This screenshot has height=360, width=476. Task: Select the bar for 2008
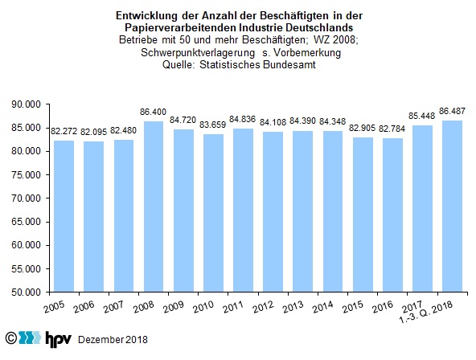[x=154, y=207]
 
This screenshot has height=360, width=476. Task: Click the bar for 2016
[x=392, y=215]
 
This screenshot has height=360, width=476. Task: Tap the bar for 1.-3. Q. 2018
[x=453, y=207]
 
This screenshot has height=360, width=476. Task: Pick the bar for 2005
[x=64, y=216]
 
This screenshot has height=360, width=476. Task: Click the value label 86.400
[x=153, y=112]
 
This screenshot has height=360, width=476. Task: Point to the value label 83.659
[x=213, y=125]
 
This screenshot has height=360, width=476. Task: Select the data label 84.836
[x=243, y=119]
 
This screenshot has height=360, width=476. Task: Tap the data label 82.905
[x=362, y=128]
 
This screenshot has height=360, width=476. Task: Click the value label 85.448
[x=421, y=116]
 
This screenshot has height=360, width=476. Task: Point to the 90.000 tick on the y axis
[x=26, y=104]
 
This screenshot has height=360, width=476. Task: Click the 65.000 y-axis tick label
[x=26, y=222]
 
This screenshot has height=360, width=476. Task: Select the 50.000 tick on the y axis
[x=26, y=292]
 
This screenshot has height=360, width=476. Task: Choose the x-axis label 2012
[x=264, y=307]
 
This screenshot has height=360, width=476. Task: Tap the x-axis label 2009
[x=174, y=307]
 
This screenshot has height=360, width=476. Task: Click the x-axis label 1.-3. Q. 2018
[x=426, y=313]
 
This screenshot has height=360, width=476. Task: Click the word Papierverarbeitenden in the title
[x=181, y=27]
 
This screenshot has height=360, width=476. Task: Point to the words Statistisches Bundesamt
[x=257, y=64]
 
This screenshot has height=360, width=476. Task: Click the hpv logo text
[x=58, y=339]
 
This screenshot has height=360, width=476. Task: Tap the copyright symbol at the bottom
[x=11, y=337]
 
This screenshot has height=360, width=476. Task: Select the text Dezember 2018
[x=113, y=340]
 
